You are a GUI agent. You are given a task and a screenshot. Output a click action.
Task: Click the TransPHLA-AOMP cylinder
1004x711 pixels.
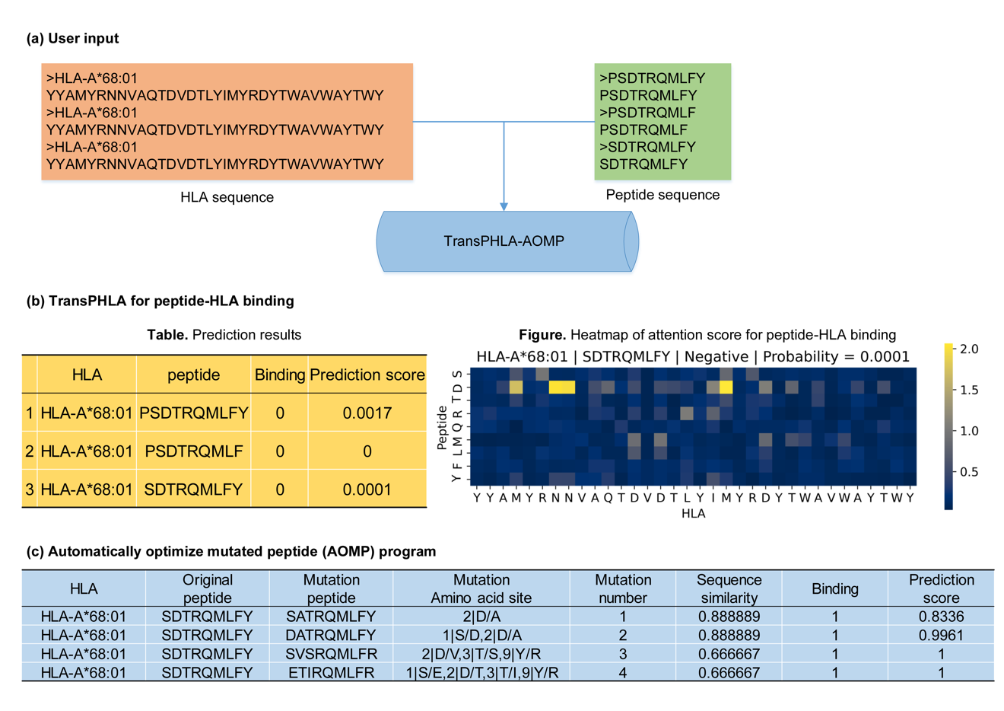tap(504, 241)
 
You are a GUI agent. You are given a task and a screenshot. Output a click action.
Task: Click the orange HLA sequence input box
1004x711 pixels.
tap(227, 122)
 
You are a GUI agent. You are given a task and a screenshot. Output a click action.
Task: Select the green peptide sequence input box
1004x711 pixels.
tap(662, 122)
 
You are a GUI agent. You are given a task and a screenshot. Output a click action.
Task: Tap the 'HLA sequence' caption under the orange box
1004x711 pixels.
tap(227, 197)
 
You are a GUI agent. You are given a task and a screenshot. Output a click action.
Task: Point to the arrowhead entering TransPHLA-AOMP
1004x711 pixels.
tap(504, 206)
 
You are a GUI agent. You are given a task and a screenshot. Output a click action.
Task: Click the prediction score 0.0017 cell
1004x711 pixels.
tap(367, 413)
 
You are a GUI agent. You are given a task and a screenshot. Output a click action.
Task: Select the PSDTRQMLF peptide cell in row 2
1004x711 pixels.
tap(193, 451)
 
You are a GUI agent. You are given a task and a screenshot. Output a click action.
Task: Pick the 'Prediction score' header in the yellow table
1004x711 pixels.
tap(367, 375)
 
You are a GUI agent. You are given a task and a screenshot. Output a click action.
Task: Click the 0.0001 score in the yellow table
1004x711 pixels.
tap(367, 489)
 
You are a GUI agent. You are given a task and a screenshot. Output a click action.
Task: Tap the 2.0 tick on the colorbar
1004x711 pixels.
tap(968, 349)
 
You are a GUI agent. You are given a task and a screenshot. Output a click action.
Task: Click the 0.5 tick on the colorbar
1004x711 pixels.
tap(968, 472)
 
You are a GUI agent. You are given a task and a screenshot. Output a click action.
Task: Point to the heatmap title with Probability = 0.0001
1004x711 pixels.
tap(692, 356)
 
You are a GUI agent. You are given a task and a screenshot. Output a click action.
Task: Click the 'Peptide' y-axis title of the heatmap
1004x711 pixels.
tap(442, 427)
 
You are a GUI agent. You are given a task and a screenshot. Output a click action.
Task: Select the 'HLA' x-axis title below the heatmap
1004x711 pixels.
tap(693, 514)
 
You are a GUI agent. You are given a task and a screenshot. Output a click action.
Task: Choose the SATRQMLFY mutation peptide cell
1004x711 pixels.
tap(331, 617)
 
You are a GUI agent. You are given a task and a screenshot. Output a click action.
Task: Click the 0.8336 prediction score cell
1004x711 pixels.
tap(941, 617)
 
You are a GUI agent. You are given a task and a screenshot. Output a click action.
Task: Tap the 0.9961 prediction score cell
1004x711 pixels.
tap(941, 635)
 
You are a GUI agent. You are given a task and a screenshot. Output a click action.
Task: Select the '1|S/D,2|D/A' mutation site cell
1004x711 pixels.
tap(481, 635)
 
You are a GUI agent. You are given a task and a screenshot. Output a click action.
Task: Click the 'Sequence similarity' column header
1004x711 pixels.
tap(729, 588)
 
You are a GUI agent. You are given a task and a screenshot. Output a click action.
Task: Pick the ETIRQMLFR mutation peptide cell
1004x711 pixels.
tap(331, 672)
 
